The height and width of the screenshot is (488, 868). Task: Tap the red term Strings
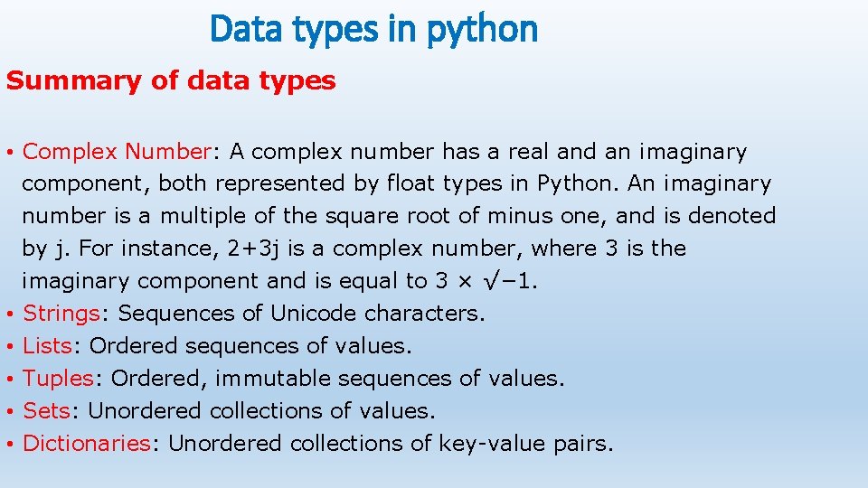pos(61,314)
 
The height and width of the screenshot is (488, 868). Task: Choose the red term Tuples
pos(58,378)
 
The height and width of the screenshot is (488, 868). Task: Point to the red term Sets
pos(46,410)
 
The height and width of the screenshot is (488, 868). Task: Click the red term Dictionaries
pos(86,443)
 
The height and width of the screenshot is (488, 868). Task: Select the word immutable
pos(279,378)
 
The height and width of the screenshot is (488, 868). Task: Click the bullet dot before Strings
pos(9,314)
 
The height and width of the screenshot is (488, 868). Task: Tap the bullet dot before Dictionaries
pos(9,444)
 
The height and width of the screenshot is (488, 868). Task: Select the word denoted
pos(732,216)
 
